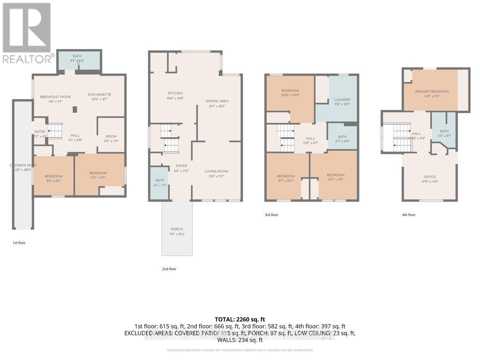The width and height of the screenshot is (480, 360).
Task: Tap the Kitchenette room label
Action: tap(100, 94)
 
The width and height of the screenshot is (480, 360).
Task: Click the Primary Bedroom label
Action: tap(432, 92)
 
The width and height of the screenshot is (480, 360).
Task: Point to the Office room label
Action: tap(430, 177)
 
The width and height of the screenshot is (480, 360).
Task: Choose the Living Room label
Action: tap(216, 171)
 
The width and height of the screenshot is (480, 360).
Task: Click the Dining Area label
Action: tap(217, 101)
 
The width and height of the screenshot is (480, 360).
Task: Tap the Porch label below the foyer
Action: tap(177, 229)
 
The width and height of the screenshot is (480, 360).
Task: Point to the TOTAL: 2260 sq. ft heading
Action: tap(240, 319)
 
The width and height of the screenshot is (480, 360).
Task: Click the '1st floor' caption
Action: tap(18, 243)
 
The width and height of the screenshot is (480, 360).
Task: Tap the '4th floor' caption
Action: tap(408, 215)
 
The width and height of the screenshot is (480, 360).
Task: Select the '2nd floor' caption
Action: tap(169, 269)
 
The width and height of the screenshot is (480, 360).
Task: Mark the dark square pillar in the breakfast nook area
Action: tap(75, 109)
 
